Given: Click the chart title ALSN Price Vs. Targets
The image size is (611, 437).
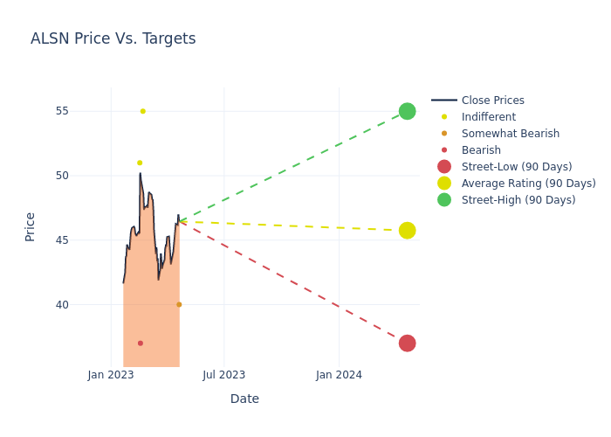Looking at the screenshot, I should click(x=113, y=39).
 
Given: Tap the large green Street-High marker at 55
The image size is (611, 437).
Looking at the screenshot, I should click(x=407, y=111).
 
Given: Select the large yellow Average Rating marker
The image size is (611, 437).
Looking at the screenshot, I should click(x=407, y=231).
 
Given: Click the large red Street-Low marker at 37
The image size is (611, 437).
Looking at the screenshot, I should click(x=407, y=343).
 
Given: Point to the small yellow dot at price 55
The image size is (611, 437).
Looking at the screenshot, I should click(x=143, y=111).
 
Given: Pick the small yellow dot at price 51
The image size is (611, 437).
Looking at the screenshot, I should click(x=140, y=163).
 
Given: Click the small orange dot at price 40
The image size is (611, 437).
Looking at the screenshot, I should click(x=179, y=305).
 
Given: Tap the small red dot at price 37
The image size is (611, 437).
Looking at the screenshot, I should click(x=141, y=343).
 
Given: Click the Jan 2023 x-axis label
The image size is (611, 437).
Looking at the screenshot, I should click(x=111, y=376).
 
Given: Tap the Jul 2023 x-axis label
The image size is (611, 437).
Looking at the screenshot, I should click(x=224, y=376).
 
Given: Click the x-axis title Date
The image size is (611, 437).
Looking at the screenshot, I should click(x=244, y=399).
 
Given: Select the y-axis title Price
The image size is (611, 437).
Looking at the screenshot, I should click(x=31, y=226).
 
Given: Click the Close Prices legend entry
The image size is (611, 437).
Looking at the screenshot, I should click(x=492, y=101).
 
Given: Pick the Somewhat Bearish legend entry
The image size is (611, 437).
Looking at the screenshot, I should click(x=510, y=134).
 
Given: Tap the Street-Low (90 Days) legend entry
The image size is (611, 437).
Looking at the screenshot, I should click(x=516, y=167).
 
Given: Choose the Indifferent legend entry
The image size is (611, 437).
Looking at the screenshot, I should click(x=488, y=117).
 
